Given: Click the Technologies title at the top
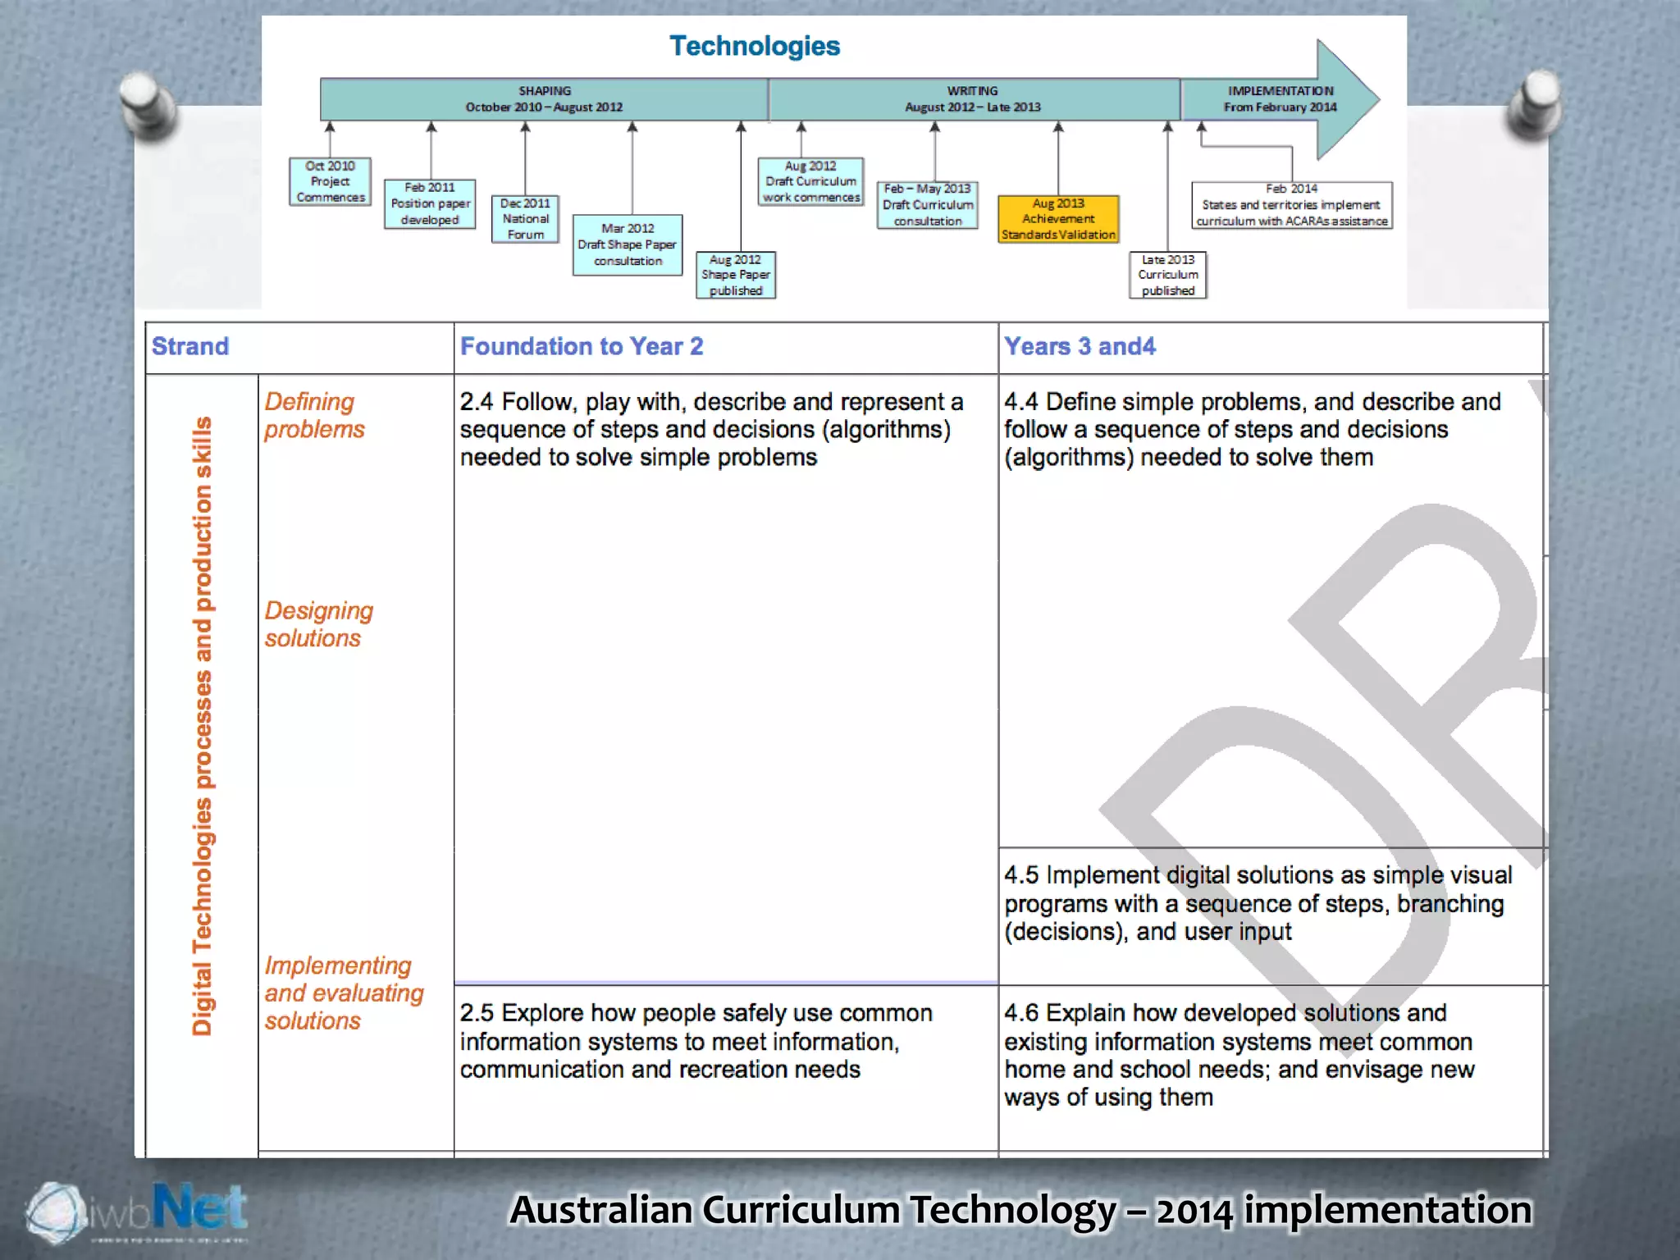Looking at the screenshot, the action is (755, 46).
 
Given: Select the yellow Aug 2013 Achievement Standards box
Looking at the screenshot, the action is (1058, 219).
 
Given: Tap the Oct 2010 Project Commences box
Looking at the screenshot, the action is (331, 181).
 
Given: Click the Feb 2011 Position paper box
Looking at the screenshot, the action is (430, 203).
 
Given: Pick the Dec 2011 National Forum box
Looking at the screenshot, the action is (526, 219).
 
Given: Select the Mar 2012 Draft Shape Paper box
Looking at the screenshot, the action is (628, 244).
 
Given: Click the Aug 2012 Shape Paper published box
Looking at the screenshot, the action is (736, 275).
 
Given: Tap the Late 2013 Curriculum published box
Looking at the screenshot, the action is (1168, 275).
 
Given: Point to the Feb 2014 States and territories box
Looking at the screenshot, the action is (1292, 205).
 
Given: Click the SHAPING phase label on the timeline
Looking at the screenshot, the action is (545, 99).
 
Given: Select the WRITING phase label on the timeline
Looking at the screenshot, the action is (973, 99).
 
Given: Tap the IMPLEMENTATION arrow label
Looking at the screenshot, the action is (1280, 99).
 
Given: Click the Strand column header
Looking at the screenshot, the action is (190, 346).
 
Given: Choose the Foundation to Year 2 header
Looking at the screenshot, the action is (582, 346).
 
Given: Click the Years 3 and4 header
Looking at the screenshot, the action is (1080, 346).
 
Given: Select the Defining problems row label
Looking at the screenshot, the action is (314, 415).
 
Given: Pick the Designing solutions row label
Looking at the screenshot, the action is (318, 624).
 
